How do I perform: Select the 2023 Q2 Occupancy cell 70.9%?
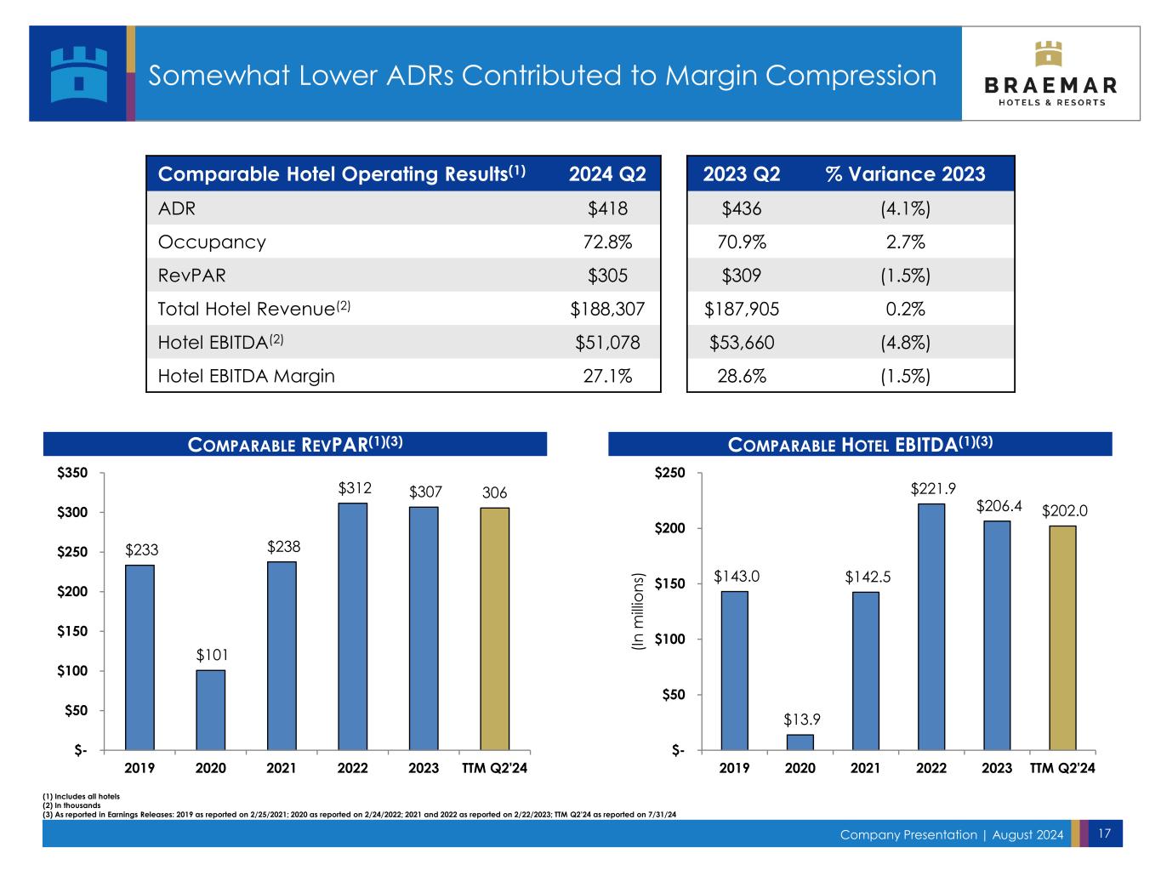pyautogui.click(x=742, y=242)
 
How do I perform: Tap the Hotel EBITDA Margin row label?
pyautogui.click(x=246, y=376)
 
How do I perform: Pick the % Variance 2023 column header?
pyautogui.click(x=905, y=174)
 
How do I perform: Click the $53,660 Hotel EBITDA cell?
pyautogui.click(x=742, y=343)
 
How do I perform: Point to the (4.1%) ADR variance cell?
pyautogui.click(x=905, y=208)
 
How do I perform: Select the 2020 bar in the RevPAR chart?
pyautogui.click(x=211, y=709)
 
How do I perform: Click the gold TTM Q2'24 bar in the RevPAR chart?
pyautogui.click(x=495, y=629)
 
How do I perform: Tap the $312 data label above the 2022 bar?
pyautogui.click(x=353, y=488)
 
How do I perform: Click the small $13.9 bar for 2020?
pyautogui.click(x=800, y=742)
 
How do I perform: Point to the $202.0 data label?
pyautogui.click(x=1065, y=511)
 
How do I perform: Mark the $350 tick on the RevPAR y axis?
pyautogui.click(x=72, y=473)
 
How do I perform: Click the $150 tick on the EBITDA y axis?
pyautogui.click(x=669, y=583)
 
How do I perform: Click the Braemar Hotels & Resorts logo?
pyautogui.click(x=1051, y=74)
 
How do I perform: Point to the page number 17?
pyautogui.click(x=1104, y=833)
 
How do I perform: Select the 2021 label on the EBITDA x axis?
pyautogui.click(x=865, y=768)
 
